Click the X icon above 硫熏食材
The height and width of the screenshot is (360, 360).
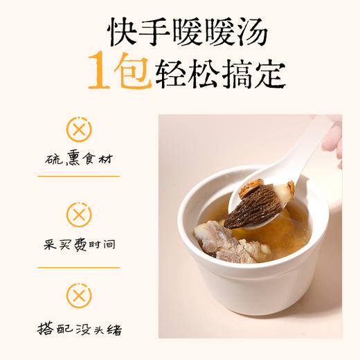79,129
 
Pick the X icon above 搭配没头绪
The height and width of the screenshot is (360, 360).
79,296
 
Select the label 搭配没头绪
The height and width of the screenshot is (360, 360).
78,325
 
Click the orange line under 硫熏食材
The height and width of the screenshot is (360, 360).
78,176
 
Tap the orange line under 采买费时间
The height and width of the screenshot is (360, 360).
78,268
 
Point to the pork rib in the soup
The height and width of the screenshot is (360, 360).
215,239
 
